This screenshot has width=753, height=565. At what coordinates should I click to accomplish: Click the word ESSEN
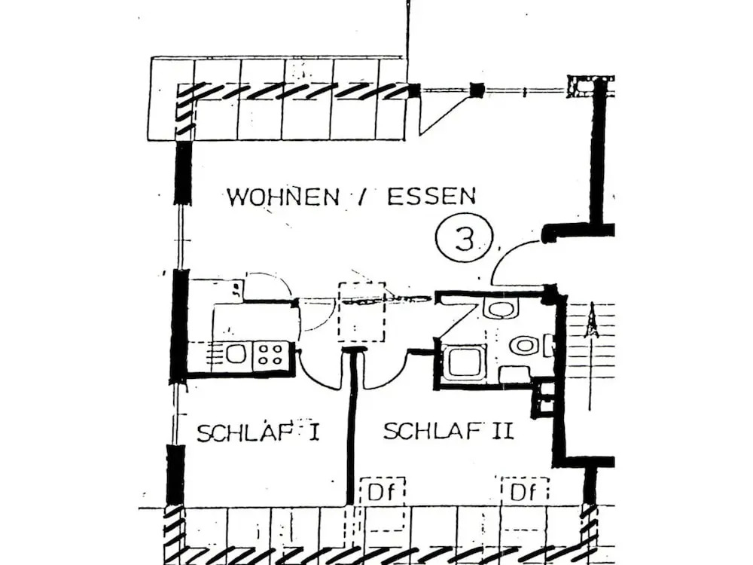point(431,197)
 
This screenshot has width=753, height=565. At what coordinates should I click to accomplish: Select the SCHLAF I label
point(258,433)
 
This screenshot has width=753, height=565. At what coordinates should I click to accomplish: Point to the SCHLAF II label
point(448,432)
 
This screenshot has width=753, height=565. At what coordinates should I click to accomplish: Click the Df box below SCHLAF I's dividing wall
point(382,493)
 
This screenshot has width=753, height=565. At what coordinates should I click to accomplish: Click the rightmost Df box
point(524,493)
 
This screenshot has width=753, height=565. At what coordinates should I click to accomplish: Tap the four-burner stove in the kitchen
point(271,354)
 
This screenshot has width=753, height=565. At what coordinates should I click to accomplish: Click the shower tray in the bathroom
point(463,362)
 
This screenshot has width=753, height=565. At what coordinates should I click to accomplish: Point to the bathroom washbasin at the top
point(500,308)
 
